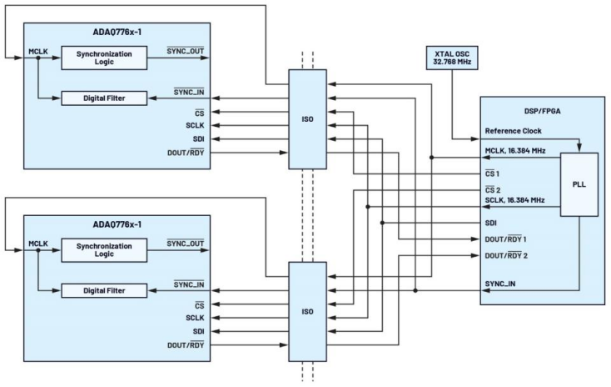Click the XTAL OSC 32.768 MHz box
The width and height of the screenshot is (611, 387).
point(451,63)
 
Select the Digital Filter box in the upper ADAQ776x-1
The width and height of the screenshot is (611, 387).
point(104,99)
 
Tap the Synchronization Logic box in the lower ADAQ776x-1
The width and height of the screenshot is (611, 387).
point(104,250)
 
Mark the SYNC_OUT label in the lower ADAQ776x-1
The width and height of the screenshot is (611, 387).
point(186,243)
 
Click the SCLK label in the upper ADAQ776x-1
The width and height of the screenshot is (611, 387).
point(195,126)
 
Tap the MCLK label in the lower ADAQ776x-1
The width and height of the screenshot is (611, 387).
point(39,244)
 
